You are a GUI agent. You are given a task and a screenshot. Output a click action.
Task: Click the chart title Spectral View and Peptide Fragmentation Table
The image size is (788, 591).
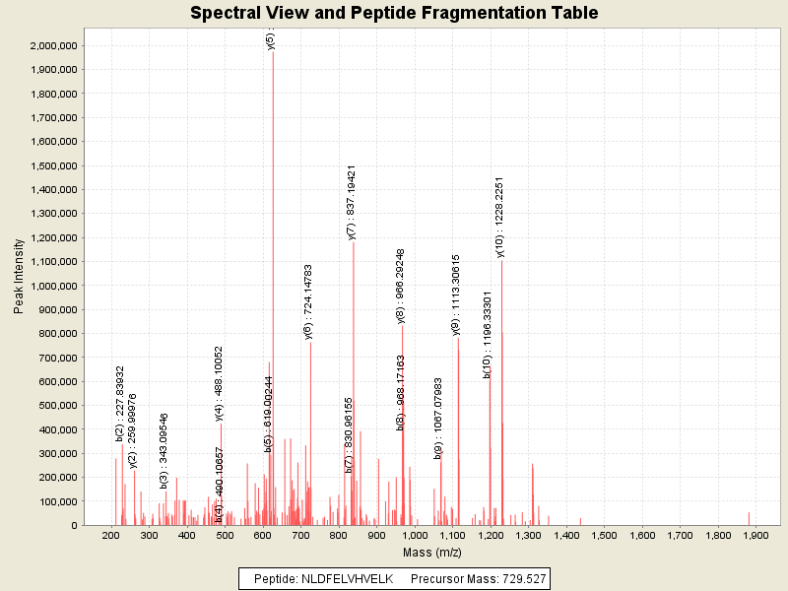[x=394, y=13]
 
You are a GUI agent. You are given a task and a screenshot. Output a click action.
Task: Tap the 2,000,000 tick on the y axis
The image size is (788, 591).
[x=54, y=45]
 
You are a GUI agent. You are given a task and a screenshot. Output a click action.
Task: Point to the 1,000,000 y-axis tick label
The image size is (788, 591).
[x=54, y=286]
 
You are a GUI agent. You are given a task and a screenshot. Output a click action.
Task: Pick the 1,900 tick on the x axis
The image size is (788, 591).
[x=755, y=536]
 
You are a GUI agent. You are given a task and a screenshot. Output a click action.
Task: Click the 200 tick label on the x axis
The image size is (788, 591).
[x=111, y=536]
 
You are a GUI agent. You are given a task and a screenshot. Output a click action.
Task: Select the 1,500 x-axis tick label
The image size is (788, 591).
[x=604, y=536]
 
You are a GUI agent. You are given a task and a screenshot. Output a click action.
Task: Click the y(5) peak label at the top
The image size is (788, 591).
[x=271, y=40]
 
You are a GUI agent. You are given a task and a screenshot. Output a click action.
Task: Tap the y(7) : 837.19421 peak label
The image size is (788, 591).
[x=352, y=202]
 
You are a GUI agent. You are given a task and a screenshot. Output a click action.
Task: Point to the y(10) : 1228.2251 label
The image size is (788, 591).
[x=500, y=218]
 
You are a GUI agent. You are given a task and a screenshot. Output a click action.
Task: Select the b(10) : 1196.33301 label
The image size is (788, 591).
[x=488, y=335]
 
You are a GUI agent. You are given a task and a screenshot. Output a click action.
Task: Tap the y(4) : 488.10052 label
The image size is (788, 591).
[x=219, y=383]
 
